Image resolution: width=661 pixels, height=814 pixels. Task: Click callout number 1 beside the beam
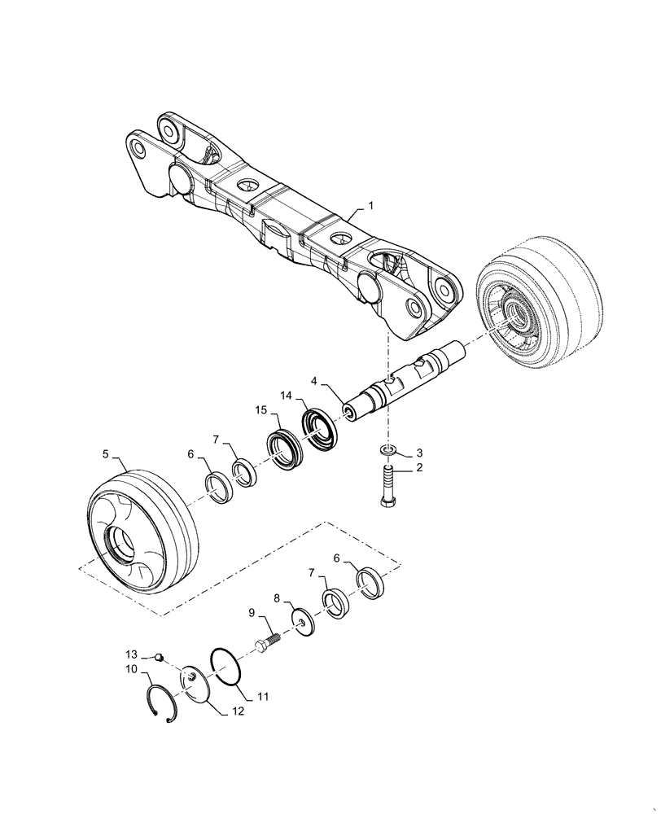pyautogui.click(x=370, y=207)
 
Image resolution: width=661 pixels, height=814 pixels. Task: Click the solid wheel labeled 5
pyautogui.click(x=143, y=529)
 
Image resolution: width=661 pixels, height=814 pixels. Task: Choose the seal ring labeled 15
pyautogui.click(x=282, y=449)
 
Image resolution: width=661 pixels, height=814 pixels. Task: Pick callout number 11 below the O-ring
pyautogui.click(x=263, y=698)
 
